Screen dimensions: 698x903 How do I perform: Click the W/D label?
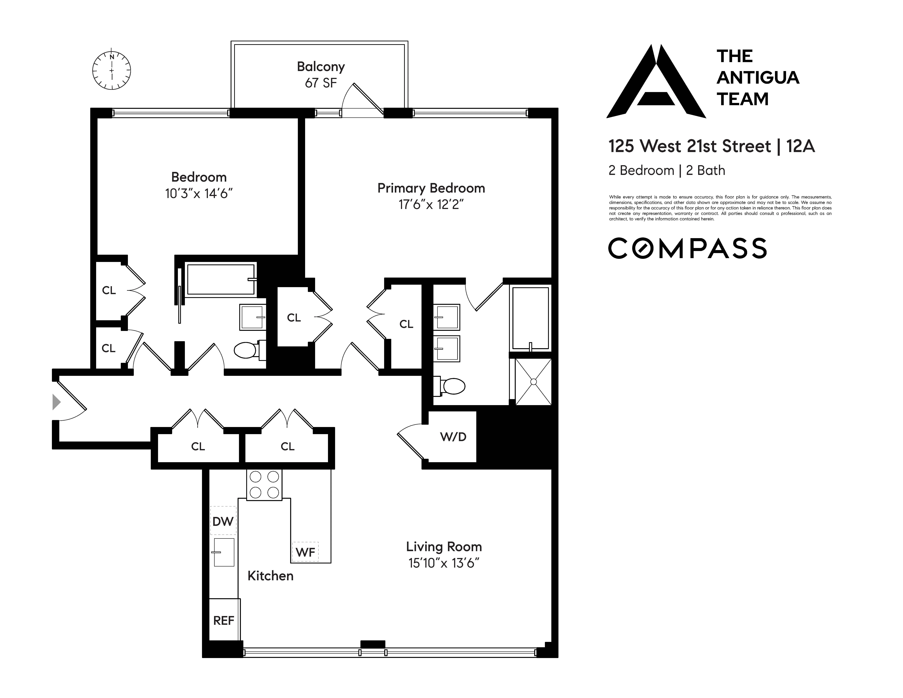point(453,437)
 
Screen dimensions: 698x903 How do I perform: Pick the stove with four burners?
point(264,485)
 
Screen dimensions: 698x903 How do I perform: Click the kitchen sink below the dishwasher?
point(224,552)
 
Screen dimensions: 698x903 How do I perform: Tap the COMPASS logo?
point(687,248)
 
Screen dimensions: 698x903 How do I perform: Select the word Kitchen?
point(270,576)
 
